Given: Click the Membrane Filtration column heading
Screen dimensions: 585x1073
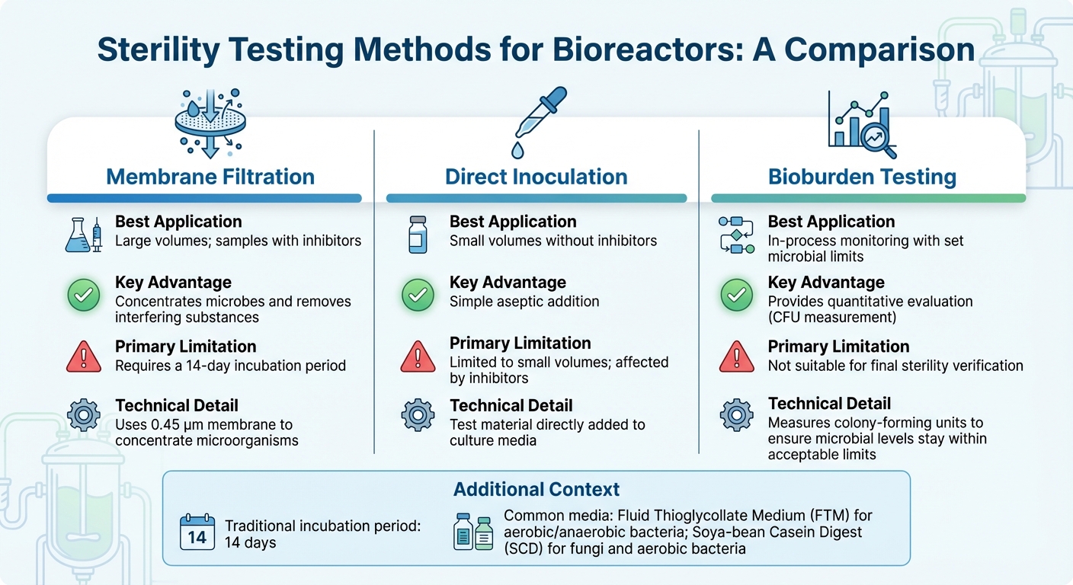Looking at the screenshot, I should (210, 177).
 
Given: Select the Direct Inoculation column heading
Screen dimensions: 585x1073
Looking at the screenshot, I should (536, 177).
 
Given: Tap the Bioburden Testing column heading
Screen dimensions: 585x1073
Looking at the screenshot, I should (862, 177).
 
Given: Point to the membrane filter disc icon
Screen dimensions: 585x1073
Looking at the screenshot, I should (210, 123).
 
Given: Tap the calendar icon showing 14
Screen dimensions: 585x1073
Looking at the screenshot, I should (197, 533).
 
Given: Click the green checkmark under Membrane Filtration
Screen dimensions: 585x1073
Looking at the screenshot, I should (84, 296).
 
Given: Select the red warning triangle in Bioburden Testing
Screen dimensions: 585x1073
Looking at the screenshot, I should (736, 356).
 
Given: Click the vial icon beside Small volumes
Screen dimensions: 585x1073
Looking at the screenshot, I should (418, 234).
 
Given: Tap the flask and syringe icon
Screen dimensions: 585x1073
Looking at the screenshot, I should (84, 235).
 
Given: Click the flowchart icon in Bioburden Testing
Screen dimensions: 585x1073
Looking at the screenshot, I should (736, 234).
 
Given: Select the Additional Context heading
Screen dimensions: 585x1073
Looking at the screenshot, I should (536, 489).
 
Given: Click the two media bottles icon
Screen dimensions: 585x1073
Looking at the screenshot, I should (473, 532).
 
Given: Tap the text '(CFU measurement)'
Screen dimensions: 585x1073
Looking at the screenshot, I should (832, 317).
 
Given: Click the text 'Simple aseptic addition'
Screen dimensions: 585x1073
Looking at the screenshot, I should (524, 302).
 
